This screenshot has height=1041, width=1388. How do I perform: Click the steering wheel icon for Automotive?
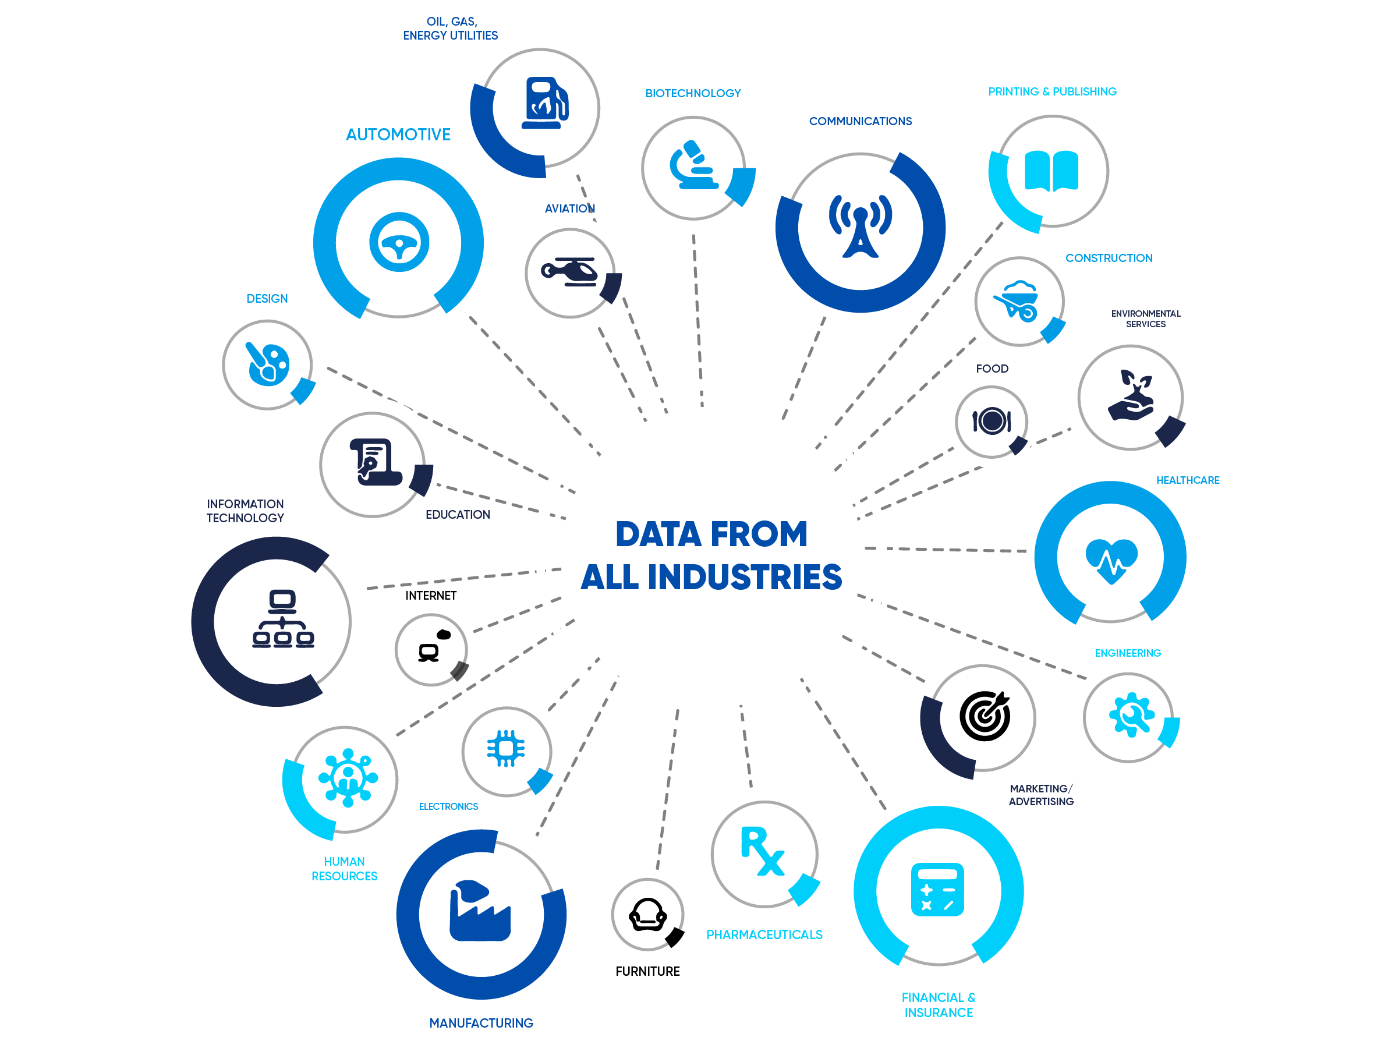[399, 242]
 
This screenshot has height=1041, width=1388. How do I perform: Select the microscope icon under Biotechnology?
[693, 166]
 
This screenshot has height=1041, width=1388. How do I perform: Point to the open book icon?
[1051, 171]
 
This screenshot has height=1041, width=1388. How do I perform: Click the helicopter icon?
[570, 272]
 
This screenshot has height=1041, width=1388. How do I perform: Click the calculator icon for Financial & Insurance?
[937, 890]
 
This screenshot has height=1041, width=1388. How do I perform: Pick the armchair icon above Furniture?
[647, 915]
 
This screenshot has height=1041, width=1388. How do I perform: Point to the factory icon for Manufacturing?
[479, 912]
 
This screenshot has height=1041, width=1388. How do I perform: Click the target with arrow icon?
[985, 716]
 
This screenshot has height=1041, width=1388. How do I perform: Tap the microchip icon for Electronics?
[506, 748]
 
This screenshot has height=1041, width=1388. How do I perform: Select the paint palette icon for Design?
[268, 364]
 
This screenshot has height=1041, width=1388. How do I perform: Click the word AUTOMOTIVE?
[398, 134]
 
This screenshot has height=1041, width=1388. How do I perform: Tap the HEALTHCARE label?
[1187, 480]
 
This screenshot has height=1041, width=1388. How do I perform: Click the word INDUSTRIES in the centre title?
[744, 578]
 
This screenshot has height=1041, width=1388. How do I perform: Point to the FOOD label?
[992, 369]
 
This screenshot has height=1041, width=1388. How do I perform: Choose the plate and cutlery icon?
[992, 421]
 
